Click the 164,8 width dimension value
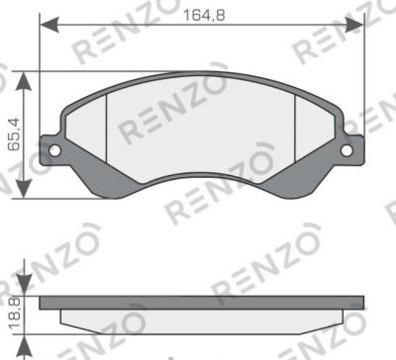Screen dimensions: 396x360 pyautogui.click(x=204, y=15)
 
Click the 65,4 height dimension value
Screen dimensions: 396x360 pyautogui.click(x=14, y=135)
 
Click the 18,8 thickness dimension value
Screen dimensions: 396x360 pyautogui.click(x=15, y=313)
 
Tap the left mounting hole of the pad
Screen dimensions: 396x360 pyautogui.click(x=54, y=151)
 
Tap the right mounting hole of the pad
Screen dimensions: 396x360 pyautogui.click(x=346, y=150)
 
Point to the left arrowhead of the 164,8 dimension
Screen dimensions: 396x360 pyautogui.click(x=49, y=25)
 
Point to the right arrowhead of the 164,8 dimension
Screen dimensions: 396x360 pyautogui.click(x=354, y=25)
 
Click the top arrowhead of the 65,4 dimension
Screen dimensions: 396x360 pyautogui.click(x=24, y=81)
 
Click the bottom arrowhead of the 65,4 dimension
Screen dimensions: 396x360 pyautogui.click(x=24, y=189)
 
